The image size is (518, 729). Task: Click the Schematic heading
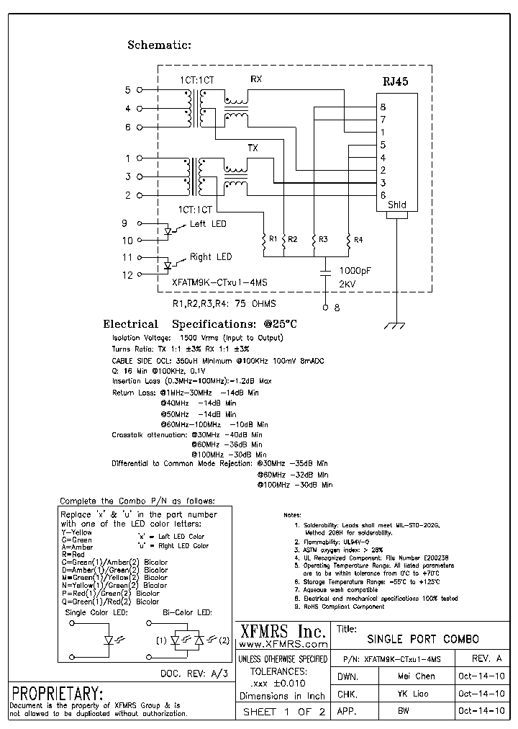tap(159, 45)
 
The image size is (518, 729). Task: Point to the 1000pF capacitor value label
tap(355, 270)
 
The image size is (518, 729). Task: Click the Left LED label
tap(207, 224)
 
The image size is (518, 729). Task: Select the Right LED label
tap(210, 257)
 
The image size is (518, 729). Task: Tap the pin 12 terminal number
tap(127, 274)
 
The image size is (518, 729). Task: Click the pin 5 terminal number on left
tap(128, 90)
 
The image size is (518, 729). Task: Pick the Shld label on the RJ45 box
tap(396, 205)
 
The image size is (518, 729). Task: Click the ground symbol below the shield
tap(396, 326)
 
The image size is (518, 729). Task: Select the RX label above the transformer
tap(256, 79)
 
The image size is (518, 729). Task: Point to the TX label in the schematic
tap(253, 148)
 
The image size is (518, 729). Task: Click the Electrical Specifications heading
tap(199, 324)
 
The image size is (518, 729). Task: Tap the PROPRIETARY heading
tap(55, 694)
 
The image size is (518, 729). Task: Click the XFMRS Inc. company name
tap(281, 631)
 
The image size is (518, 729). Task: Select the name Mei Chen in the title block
tap(416, 676)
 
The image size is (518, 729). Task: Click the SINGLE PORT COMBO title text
tap(423, 639)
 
